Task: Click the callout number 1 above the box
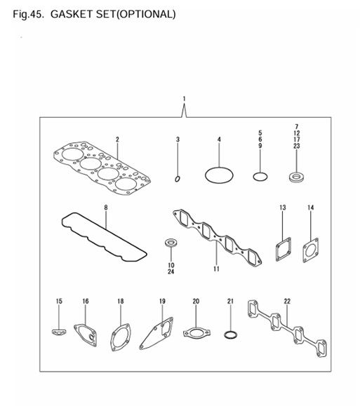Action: pos(183,98)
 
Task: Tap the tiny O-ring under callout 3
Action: pos(178,178)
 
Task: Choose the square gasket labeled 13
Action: pos(282,250)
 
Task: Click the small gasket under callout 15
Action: pos(59,328)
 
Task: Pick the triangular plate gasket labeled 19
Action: pos(158,333)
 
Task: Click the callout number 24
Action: pos(171,271)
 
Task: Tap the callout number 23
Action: pos(296,146)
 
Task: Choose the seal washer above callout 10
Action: pos(170,243)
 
